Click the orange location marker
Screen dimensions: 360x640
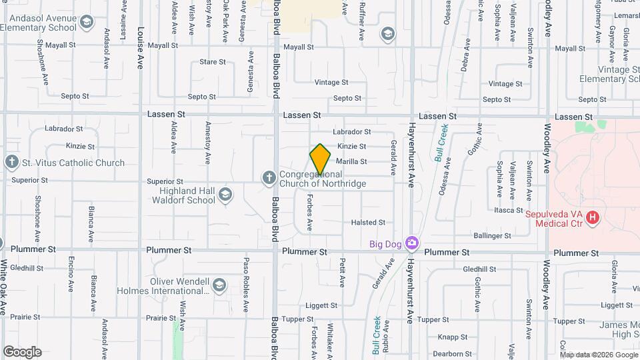pos(320,159)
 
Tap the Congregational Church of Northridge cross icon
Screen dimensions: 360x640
pos(269,177)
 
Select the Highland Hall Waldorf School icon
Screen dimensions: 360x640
pos(225,195)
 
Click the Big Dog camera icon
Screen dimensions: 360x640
pos(413,243)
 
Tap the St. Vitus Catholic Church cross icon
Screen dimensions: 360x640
pos(11,162)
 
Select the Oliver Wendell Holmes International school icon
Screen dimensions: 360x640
pos(219,286)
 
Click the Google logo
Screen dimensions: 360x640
pos(22,352)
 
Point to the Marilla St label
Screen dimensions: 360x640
pos(352,161)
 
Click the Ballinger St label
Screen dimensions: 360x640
pos(492,235)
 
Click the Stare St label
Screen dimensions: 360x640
pos(213,62)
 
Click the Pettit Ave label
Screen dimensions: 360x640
pos(342,273)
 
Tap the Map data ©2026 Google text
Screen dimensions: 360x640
pos(598,354)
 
